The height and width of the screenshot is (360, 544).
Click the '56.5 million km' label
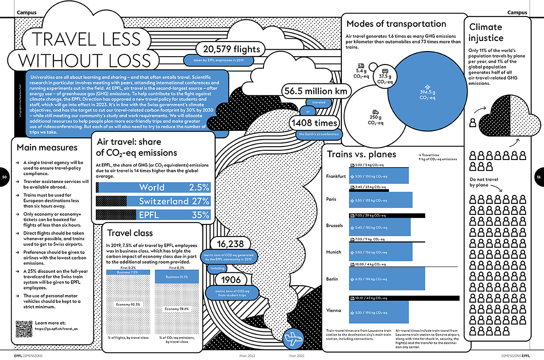pos(316,91)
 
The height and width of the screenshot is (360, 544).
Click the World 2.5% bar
pos(153,187)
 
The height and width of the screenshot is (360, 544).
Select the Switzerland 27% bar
pos(153,201)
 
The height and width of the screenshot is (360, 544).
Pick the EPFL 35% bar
pos(153,215)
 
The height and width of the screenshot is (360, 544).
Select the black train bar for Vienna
pos(404,298)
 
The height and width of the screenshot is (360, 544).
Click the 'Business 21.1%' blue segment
pos(177,277)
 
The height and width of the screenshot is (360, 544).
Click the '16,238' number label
pos(230,244)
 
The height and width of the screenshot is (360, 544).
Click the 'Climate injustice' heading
pos(486,32)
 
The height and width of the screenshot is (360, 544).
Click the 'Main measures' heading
pos(47,148)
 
